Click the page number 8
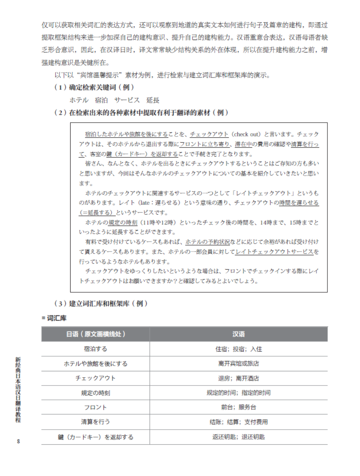(18, 441)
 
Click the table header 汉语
(239, 334)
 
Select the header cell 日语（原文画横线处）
(96, 334)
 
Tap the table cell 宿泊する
(96, 349)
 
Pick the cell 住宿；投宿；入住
(239, 349)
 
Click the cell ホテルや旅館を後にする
(96, 363)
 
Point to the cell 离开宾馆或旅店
(239, 363)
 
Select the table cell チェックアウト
(96, 378)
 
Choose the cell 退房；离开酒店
(239, 378)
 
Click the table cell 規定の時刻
(96, 393)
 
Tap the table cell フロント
(96, 407)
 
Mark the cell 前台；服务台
(239, 407)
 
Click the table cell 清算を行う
(96, 422)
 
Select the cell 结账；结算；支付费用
(239, 422)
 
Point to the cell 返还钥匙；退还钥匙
(239, 437)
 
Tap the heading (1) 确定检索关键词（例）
(94, 87)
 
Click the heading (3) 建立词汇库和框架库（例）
(101, 304)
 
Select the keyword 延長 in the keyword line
(153, 100)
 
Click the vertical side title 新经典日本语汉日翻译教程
(18, 389)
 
